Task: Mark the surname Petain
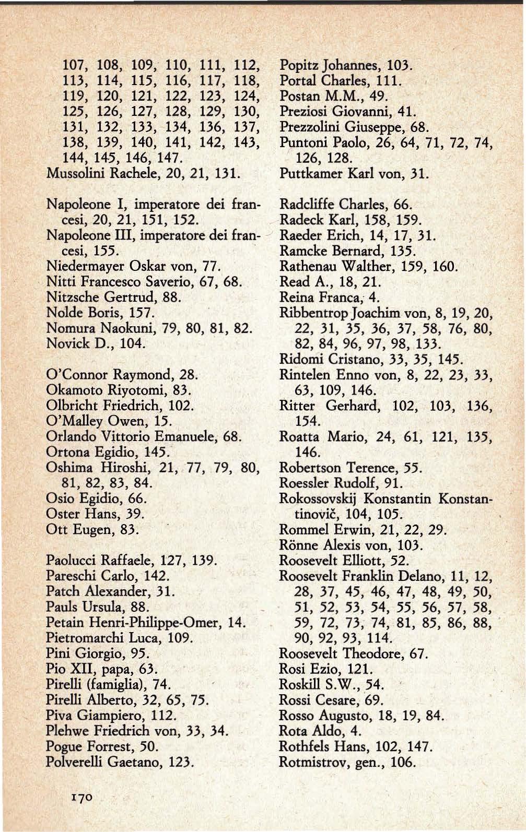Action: [63, 622]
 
